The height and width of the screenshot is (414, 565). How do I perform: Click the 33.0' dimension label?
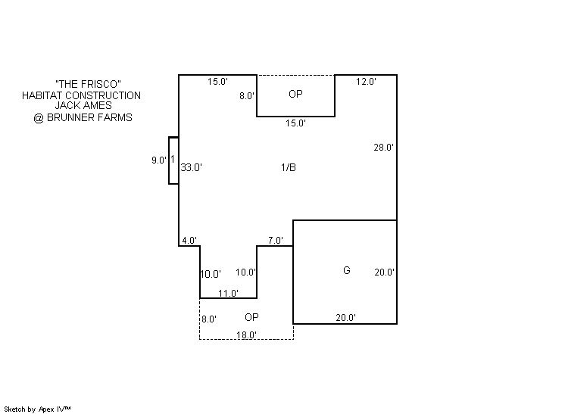[x=191, y=167]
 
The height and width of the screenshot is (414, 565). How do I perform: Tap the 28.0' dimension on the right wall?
[x=383, y=148]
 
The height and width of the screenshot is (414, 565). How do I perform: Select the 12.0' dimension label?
[x=366, y=81]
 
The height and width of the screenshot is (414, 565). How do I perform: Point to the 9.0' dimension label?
[x=159, y=160]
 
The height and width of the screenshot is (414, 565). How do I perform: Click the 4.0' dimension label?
[x=189, y=241]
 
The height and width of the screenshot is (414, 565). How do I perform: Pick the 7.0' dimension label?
[x=275, y=241]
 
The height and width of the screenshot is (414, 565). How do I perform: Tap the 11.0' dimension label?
[x=228, y=294]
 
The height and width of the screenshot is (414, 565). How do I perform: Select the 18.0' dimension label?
[x=246, y=335]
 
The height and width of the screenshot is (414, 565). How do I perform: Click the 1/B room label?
[x=289, y=167]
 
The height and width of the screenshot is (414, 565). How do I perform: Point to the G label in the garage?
[x=347, y=270]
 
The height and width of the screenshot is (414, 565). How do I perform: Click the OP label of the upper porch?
[x=295, y=94]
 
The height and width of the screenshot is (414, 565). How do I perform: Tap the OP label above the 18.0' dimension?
[x=251, y=317]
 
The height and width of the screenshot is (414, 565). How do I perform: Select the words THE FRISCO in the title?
[x=88, y=84]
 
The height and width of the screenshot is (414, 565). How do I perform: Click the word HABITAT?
[x=42, y=95]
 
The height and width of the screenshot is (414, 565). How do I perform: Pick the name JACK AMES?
[x=83, y=105]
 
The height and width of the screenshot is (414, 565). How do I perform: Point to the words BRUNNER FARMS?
[x=89, y=117]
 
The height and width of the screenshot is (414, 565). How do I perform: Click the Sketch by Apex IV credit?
[x=37, y=409]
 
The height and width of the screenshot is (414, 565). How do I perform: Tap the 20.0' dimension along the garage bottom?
[x=345, y=318]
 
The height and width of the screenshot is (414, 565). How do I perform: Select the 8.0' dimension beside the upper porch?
[x=247, y=96]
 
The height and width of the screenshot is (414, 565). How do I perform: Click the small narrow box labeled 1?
[x=173, y=160]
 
